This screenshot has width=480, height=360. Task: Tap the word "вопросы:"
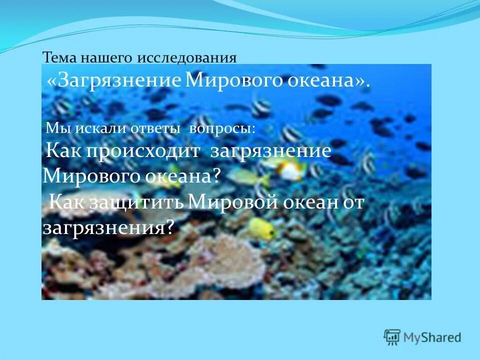coord(221,128)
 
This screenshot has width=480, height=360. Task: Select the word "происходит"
coord(143,151)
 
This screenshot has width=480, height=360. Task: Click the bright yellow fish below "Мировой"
coord(262,228)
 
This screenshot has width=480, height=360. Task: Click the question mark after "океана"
coord(216,176)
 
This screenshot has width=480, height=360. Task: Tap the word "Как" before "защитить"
coord(69,202)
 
